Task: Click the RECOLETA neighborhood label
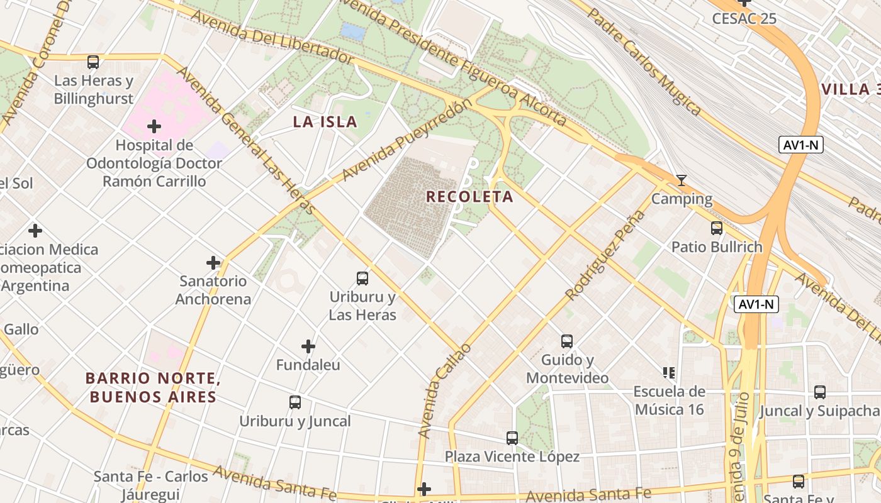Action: (469, 197)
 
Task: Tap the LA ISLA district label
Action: (325, 122)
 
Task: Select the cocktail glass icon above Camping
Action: (681, 181)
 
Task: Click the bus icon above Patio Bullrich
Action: (716, 228)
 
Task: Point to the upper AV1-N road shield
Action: (800, 145)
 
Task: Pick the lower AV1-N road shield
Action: (756, 305)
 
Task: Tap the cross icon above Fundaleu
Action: (308, 346)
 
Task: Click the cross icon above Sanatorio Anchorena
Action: (213, 262)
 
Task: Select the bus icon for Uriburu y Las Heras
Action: (362, 278)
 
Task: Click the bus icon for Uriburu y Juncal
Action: (295, 402)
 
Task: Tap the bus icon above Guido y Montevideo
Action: (567, 341)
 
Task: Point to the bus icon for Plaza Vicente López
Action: (512, 438)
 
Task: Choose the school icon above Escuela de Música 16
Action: (669, 373)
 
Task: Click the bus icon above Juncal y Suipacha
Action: (819, 392)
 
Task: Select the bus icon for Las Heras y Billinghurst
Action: (93, 62)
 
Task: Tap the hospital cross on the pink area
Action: (154, 127)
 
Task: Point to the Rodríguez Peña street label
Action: (605, 255)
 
